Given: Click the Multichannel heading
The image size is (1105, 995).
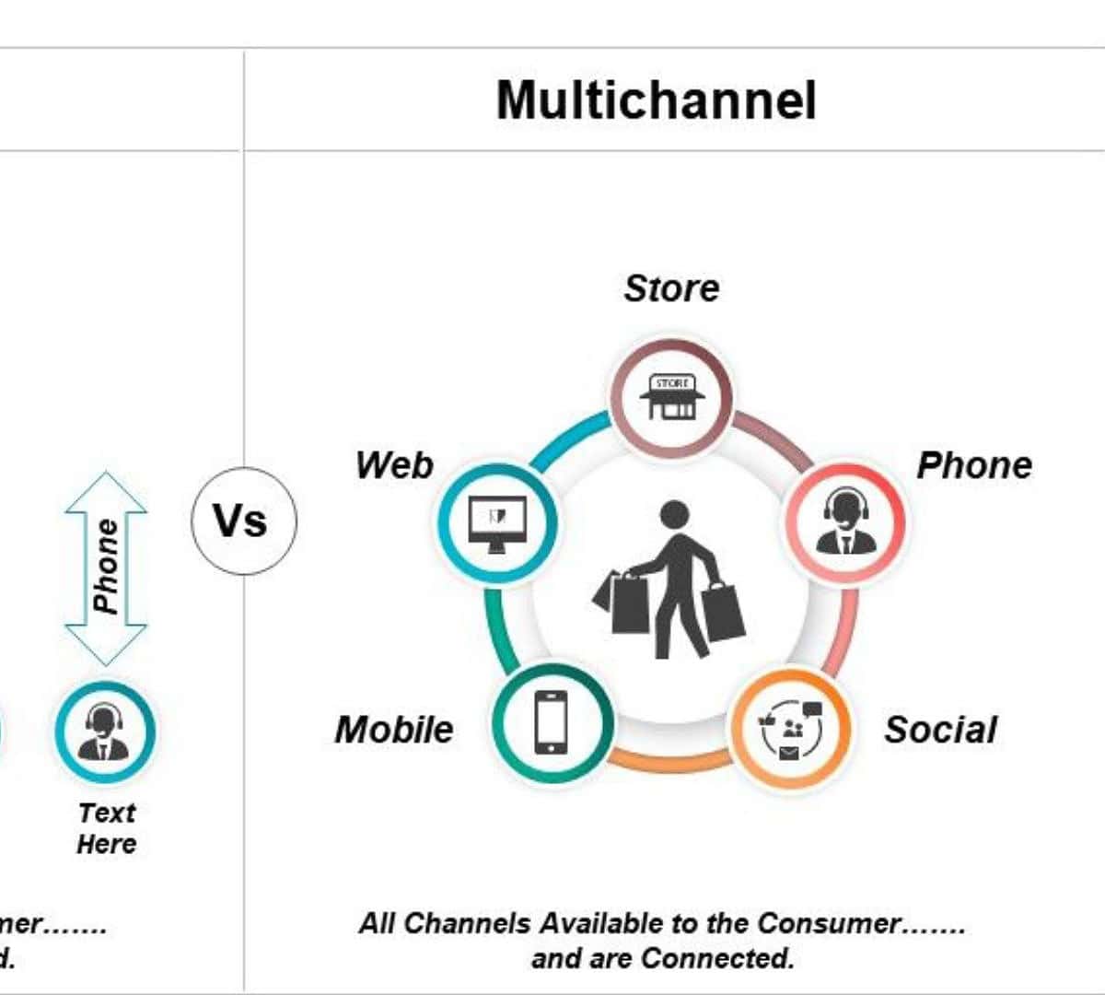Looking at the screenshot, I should (656, 99).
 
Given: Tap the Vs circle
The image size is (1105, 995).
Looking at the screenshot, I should (244, 521).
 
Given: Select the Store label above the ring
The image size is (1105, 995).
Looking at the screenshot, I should (671, 288).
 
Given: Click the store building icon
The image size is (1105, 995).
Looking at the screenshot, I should (672, 397).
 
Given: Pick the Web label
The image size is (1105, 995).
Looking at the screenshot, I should (394, 465).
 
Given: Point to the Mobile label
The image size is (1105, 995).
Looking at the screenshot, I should (394, 730).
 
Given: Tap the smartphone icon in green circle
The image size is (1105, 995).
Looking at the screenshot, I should (552, 723).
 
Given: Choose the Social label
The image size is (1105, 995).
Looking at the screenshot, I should (940, 730).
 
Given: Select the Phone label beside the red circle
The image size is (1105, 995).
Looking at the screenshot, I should (974, 465).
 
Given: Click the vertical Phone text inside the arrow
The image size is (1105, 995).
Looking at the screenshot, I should (106, 567).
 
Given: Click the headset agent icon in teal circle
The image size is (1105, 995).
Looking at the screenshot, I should (104, 732).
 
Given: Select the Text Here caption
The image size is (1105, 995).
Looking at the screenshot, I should (107, 828).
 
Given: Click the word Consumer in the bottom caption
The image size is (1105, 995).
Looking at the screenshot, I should (830, 923).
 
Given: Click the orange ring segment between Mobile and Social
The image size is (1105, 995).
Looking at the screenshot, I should (669, 761).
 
